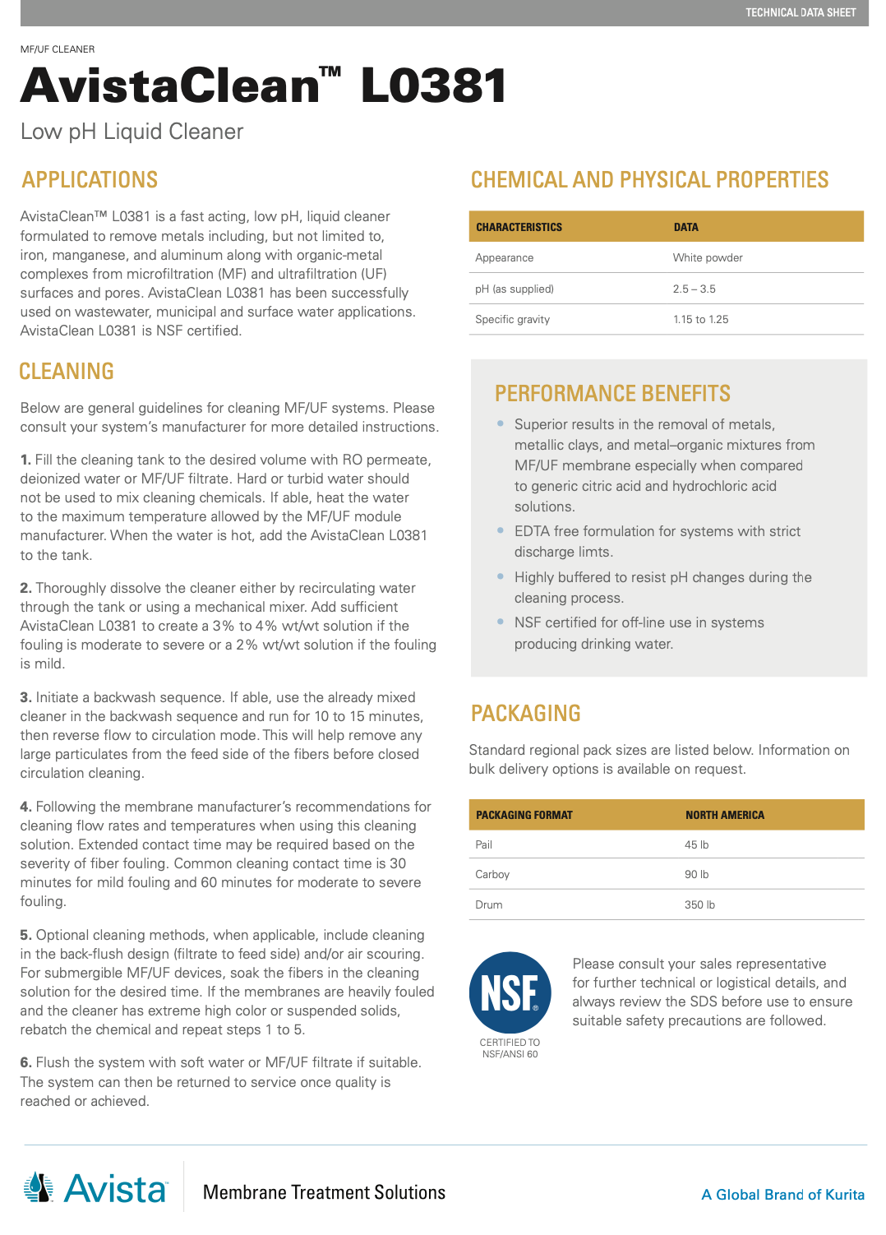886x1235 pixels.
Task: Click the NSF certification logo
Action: (x=510, y=992)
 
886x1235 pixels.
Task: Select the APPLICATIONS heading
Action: (x=90, y=180)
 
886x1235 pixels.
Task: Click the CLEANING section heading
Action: (x=67, y=372)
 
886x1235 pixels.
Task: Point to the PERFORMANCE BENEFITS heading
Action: (x=612, y=394)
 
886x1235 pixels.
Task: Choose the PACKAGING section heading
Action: (x=525, y=714)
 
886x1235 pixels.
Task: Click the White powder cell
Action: (x=708, y=258)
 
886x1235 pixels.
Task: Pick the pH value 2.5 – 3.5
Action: (x=694, y=289)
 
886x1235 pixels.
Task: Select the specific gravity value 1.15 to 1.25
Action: (x=700, y=320)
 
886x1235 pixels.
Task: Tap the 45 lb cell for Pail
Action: (x=696, y=845)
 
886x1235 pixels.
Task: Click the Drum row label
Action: (x=489, y=905)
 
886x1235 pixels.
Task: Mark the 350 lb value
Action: (x=699, y=905)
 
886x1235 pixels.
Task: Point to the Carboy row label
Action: (x=492, y=875)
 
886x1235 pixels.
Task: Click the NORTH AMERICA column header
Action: (x=724, y=816)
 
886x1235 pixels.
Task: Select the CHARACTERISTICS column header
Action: (x=519, y=228)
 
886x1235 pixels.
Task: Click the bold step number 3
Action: (x=25, y=697)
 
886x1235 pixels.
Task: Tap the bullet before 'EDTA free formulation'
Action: (x=501, y=531)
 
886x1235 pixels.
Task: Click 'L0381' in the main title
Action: (x=433, y=86)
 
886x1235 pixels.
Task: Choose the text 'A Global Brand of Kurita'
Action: (x=782, y=1195)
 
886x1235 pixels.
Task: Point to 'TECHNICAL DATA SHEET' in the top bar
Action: (x=801, y=12)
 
